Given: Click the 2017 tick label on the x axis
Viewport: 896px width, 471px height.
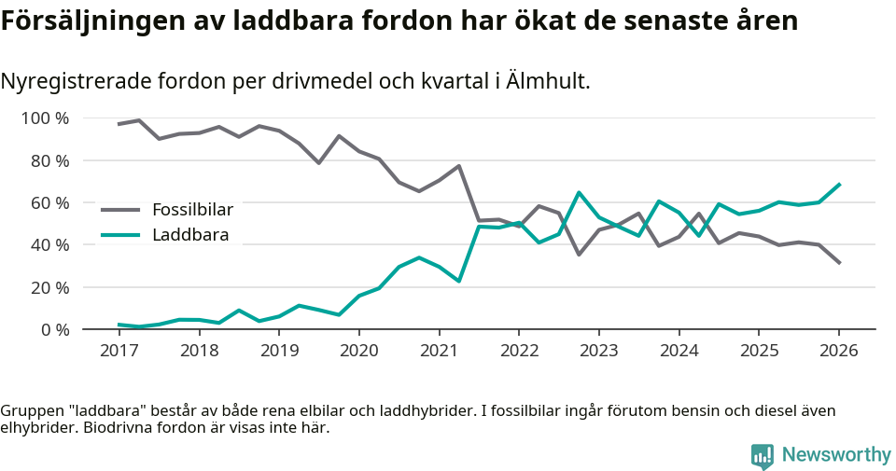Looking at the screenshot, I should point(119,351).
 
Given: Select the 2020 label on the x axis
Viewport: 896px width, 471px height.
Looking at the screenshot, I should point(358,351).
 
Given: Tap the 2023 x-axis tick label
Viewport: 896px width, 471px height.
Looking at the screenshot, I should point(598,351).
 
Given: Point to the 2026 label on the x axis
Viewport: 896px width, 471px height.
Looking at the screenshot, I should point(838,351).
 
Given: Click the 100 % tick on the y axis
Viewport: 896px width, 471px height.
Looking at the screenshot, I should point(45,118).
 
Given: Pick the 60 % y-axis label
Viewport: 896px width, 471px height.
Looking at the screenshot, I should point(49,202).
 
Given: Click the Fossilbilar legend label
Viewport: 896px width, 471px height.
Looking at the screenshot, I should point(192,209).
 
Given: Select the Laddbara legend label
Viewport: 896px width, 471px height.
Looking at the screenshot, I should point(190,235).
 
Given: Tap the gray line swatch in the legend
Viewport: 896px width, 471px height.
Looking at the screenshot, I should point(120,210).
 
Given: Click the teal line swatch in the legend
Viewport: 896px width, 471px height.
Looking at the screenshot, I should point(120,235).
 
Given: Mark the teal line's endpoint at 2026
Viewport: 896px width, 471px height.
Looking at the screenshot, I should point(839,184).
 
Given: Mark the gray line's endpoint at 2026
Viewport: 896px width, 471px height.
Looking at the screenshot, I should point(839,263).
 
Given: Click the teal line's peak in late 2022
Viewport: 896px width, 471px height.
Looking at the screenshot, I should point(579,193).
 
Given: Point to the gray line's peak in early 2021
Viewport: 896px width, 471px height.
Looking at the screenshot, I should point(459,166).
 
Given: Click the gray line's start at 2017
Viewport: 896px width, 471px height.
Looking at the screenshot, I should point(119,124).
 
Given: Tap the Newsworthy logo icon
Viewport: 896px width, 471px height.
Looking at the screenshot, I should point(763,455).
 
